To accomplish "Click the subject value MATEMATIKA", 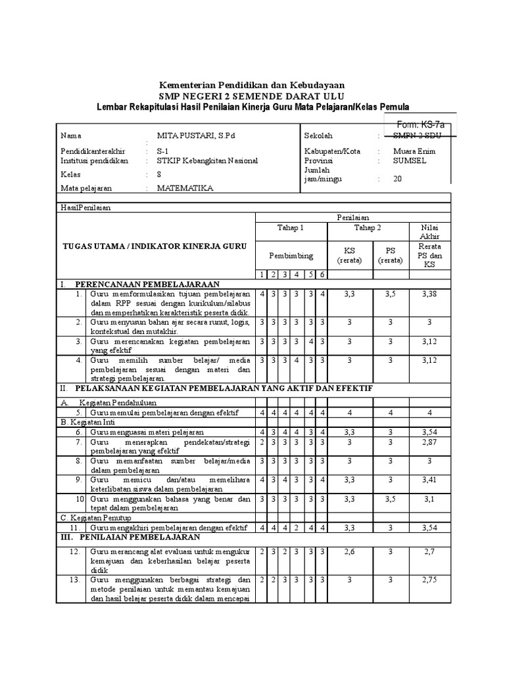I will tap(185, 188).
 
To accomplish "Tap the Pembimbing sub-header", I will tap(291, 255).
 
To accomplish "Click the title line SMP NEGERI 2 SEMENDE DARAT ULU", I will tap(252, 96).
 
